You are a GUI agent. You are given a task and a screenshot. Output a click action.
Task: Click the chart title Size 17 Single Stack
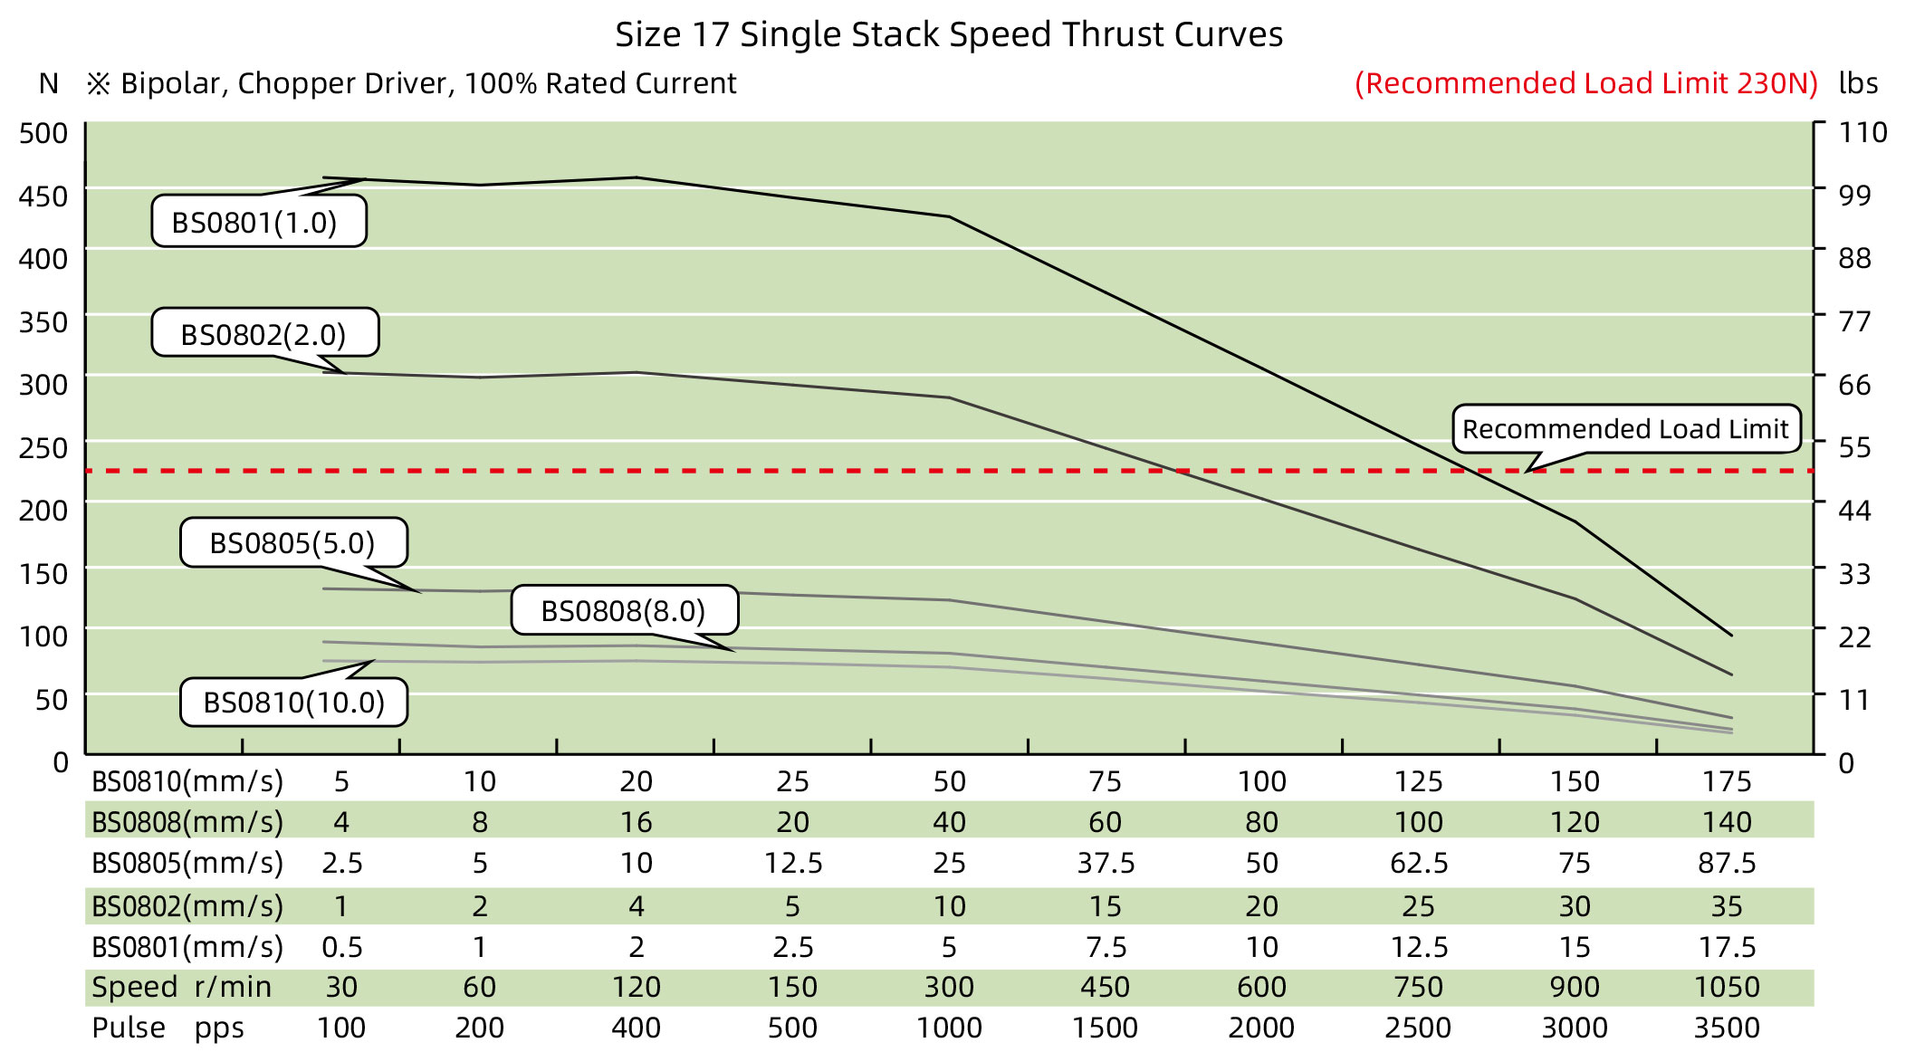(948, 34)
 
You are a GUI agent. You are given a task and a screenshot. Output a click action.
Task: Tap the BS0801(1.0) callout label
(258, 222)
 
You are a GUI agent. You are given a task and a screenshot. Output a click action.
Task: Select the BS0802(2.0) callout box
(264, 334)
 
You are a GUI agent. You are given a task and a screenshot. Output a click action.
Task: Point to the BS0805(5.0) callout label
(293, 542)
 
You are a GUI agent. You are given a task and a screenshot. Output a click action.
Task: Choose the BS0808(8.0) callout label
(624, 610)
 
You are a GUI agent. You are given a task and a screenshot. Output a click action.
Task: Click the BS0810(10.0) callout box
(293, 702)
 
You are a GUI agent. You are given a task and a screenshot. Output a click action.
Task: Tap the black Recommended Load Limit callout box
(1625, 428)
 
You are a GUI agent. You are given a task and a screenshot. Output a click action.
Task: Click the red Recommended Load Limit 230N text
(1586, 83)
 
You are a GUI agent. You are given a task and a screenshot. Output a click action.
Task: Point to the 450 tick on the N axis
(43, 196)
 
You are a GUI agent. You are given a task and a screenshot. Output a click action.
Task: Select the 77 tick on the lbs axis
(1853, 321)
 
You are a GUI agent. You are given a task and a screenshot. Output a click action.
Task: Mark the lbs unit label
(1858, 83)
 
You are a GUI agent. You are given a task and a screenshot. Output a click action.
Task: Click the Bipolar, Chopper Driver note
(412, 83)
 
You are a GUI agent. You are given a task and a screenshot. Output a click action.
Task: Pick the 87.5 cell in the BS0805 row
(1726, 863)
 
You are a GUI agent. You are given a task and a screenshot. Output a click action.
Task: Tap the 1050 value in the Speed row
(1726, 987)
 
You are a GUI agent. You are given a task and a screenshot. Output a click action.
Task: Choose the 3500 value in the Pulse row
(1726, 1028)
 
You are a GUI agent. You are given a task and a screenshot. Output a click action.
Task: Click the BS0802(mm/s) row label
(187, 905)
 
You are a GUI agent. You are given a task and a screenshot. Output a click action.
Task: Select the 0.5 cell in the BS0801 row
(342, 947)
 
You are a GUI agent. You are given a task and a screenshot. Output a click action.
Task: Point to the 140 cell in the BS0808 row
(1726, 822)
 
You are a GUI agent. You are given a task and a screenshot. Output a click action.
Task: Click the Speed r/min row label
(181, 987)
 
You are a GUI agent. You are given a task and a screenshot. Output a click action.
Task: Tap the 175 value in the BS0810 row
(1726, 781)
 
